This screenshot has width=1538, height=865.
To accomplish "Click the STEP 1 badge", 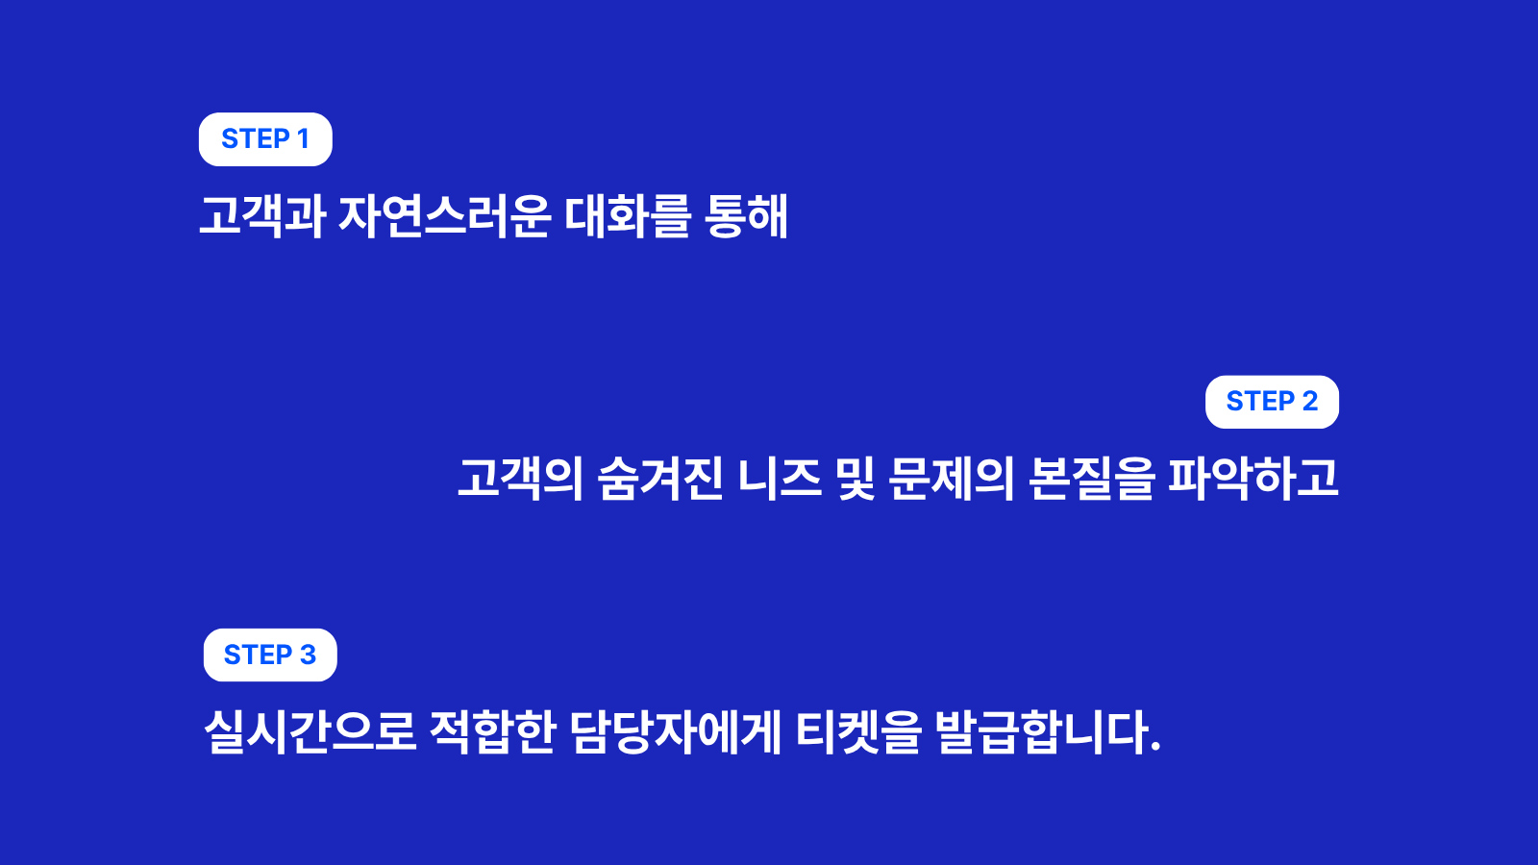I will tap(265, 139).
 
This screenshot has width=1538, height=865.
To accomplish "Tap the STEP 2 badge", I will tap(1272, 402).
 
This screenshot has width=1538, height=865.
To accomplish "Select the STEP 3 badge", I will tap(270, 655).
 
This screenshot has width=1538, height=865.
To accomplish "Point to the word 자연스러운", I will tap(444, 216).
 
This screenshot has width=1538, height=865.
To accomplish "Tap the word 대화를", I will tap(627, 216).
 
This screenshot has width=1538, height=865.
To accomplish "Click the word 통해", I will tap(746, 216).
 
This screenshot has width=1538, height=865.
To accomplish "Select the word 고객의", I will tap(520, 478).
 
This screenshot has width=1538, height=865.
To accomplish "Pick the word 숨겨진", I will tap(659, 478).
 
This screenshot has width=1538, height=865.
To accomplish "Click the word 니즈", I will tap(780, 478).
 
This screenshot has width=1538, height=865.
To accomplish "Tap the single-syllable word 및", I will tap(856, 478).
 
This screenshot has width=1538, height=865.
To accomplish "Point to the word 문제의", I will tap(951, 478).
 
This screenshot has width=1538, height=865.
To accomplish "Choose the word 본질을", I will tap(1091, 478).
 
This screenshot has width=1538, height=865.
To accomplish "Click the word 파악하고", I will tap(1253, 478).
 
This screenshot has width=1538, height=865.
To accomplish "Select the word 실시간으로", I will tap(310, 731).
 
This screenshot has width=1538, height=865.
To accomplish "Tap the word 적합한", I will tap(492, 731).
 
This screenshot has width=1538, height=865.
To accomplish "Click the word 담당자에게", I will tap(675, 731).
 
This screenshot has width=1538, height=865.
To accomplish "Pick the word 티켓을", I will tap(858, 731).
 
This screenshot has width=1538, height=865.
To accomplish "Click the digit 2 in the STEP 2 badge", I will tap(1310, 402).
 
